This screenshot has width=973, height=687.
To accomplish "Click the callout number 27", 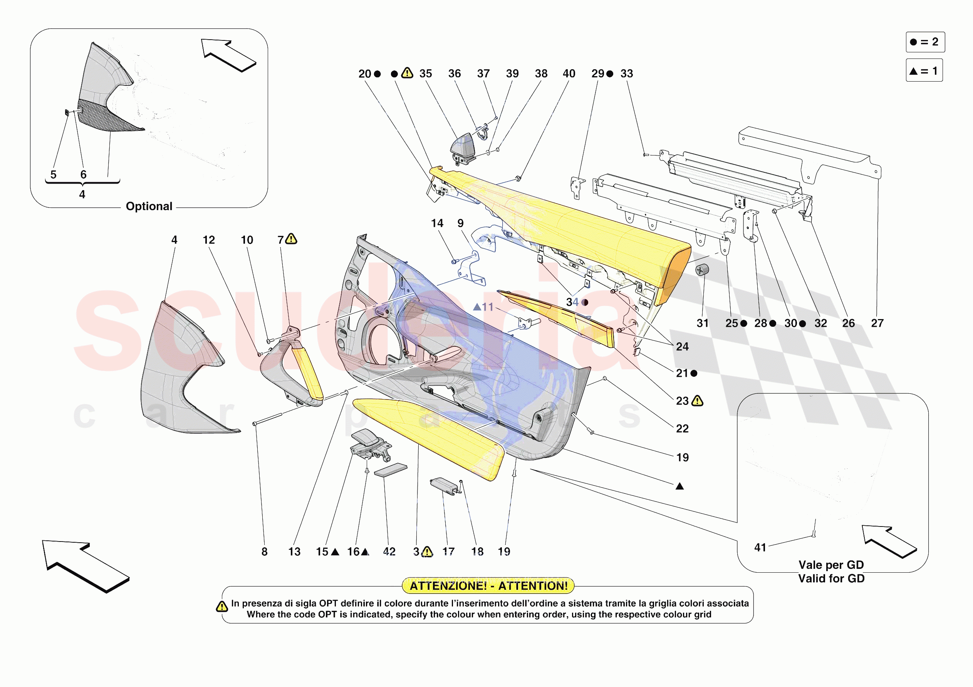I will click(877, 323).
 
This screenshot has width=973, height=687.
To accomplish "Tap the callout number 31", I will click(702, 323).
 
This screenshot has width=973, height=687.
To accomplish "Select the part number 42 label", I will click(389, 552).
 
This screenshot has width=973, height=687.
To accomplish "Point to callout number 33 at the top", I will click(626, 74).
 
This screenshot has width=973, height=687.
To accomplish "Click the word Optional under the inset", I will click(149, 206).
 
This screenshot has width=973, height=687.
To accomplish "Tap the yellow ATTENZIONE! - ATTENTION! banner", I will click(488, 586).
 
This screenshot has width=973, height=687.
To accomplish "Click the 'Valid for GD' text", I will click(831, 578).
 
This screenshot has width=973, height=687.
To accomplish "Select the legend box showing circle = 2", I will click(925, 42).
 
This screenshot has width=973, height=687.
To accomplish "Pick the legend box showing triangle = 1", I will click(924, 71).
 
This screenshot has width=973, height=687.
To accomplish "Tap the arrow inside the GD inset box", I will click(889, 541).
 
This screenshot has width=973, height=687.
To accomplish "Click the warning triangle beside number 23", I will click(697, 401).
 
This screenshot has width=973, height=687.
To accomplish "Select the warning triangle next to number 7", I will click(292, 239).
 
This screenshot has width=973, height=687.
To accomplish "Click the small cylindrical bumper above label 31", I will click(702, 269).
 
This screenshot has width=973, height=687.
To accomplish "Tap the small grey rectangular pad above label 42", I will click(390, 470).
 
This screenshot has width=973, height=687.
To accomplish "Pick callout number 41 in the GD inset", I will click(760, 547).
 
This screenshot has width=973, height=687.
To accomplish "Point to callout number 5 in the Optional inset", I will click(54, 174).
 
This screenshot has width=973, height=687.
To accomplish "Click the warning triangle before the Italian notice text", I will click(221, 607).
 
